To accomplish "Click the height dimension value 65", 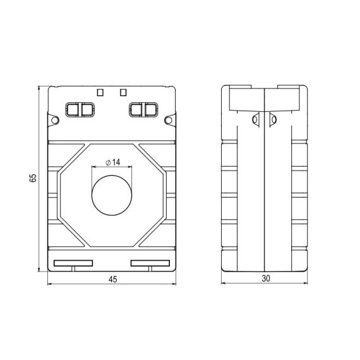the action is tap(33, 178).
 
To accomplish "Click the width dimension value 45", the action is tap(112, 279).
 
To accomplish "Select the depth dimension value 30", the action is tap(266, 279).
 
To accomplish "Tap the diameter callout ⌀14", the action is tap(113, 162).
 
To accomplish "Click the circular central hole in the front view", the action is tap(112, 195).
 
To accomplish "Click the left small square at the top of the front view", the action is tap(100, 92).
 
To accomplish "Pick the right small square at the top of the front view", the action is tap(123, 92).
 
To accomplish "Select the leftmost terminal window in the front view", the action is tap(73, 110).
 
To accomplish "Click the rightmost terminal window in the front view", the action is tap(150, 110).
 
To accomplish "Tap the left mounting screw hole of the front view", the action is tap(55, 120).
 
